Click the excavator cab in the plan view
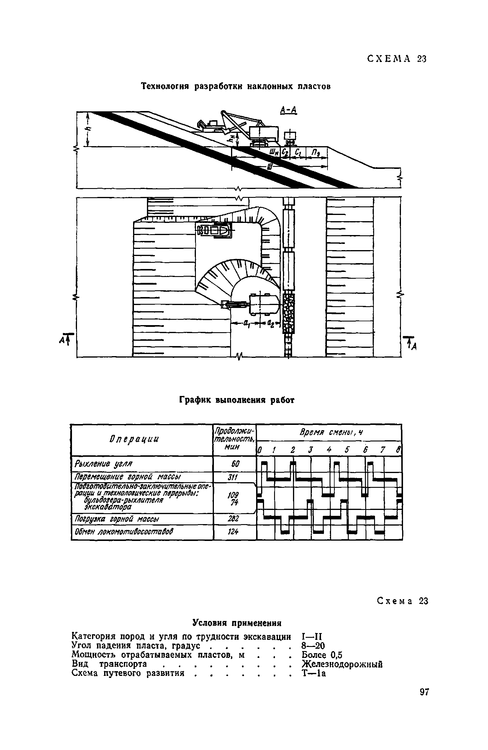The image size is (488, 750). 264,304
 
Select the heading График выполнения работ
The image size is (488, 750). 237,400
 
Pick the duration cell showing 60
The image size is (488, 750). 235,464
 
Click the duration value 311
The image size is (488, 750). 234,477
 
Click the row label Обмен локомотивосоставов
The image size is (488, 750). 124,532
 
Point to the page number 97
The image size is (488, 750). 424,692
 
